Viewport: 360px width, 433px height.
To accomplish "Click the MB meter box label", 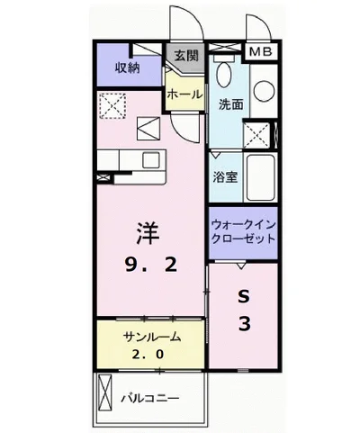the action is click(x=261, y=51).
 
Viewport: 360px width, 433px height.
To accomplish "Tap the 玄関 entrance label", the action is click(x=186, y=56).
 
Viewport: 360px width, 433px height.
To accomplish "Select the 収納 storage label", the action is click(x=128, y=68).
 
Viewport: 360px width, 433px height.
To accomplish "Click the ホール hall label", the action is click(x=184, y=95).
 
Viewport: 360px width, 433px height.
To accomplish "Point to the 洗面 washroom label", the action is click(x=230, y=104).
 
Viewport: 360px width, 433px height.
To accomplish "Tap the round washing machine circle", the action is click(x=264, y=92).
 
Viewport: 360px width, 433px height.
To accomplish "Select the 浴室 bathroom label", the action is click(x=225, y=177).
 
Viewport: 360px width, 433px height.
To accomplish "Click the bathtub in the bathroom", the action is click(x=260, y=177).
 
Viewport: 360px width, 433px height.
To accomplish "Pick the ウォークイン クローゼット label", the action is click(x=243, y=231).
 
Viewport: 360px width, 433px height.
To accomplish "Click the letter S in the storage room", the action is click(x=244, y=297).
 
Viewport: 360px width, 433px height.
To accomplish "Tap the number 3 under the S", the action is click(x=245, y=324).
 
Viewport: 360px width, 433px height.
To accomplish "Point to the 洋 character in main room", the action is click(x=148, y=233).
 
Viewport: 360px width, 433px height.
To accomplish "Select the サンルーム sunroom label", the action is click(x=152, y=337).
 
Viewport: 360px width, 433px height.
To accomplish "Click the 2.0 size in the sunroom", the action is click(x=148, y=355).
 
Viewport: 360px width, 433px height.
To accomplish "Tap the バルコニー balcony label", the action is click(x=150, y=398).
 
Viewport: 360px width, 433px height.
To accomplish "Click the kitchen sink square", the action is click(x=151, y=160).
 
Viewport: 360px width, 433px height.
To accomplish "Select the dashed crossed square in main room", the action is click(x=112, y=105).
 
